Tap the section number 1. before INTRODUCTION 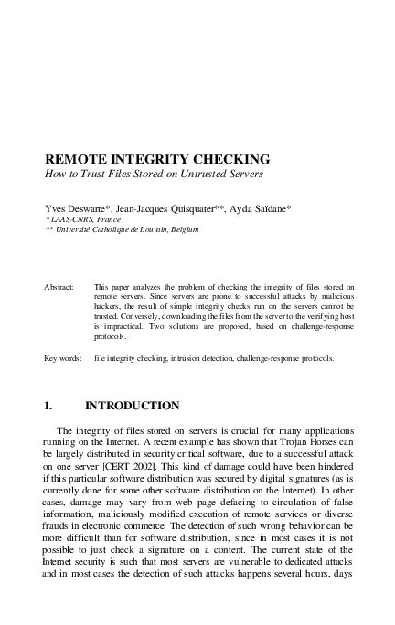pos(50,406)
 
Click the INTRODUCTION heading pos(132,406)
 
